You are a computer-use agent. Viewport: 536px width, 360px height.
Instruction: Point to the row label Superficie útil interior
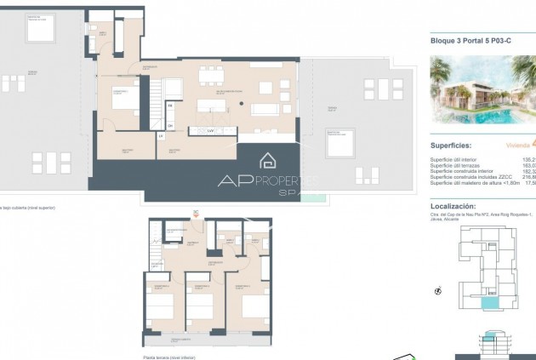[x=460, y=159]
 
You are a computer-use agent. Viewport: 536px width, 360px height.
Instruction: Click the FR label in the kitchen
[x=170, y=106]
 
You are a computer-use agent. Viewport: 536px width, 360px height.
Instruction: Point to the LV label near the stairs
[x=160, y=135]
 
